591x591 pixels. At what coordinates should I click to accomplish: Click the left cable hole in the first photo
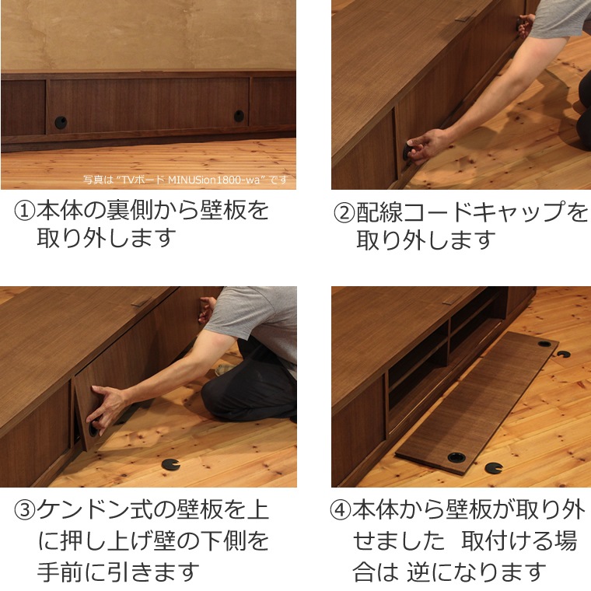click(61, 122)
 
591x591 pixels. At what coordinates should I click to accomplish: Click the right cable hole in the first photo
click(239, 117)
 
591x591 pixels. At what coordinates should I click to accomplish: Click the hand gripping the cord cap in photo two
click(420, 146)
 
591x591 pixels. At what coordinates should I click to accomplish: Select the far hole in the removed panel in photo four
click(544, 344)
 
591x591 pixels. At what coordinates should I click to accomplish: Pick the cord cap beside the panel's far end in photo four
click(562, 354)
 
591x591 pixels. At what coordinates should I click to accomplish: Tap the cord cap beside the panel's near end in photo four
click(491, 468)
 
